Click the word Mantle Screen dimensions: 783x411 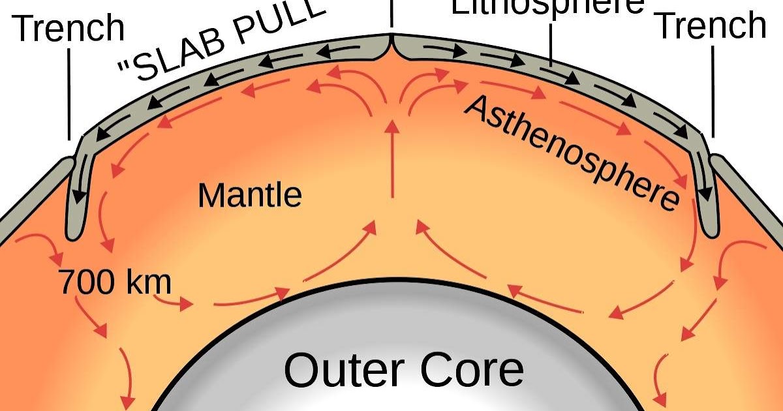click(x=250, y=194)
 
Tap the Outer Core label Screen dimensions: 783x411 click(x=404, y=370)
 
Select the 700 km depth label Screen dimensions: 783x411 click(x=115, y=282)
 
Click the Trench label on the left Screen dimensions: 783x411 click(x=69, y=27)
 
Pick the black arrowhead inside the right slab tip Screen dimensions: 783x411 click(x=706, y=194)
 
